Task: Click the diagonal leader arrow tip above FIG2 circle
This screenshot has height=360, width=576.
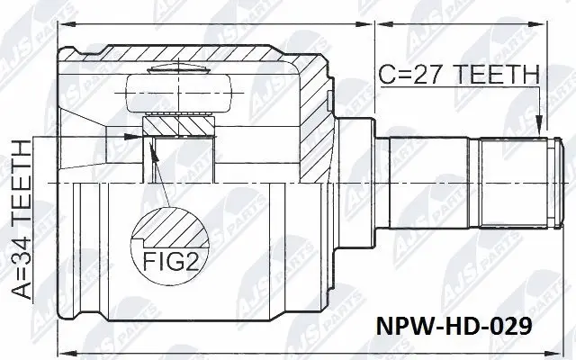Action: tap(153, 148)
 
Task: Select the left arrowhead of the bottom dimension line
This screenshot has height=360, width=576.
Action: tap(62, 349)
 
